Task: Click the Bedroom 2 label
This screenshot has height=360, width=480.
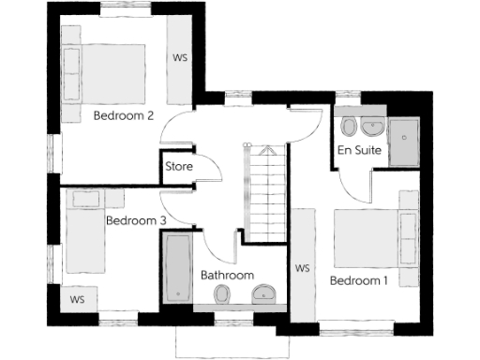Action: click(x=124, y=116)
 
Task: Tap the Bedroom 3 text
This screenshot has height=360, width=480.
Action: click(x=136, y=221)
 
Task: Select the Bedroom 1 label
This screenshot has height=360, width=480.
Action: click(x=357, y=280)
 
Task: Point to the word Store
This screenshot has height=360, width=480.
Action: click(x=178, y=167)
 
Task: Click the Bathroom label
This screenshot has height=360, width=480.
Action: click(x=227, y=275)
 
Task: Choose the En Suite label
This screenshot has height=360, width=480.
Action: click(x=359, y=151)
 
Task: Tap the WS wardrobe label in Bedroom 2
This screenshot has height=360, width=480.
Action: click(x=180, y=57)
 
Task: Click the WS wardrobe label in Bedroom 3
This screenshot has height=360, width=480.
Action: click(x=77, y=300)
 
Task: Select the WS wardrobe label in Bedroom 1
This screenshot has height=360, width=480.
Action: click(x=302, y=269)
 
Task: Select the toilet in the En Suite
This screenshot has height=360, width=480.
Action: click(x=349, y=127)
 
